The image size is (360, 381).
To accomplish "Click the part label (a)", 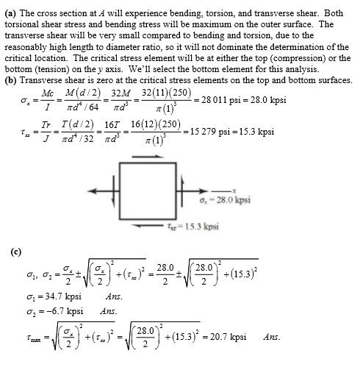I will coord(11,13).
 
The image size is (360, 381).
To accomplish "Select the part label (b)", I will coord(11,79).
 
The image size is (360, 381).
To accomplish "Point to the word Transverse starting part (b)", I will coord(43,79).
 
